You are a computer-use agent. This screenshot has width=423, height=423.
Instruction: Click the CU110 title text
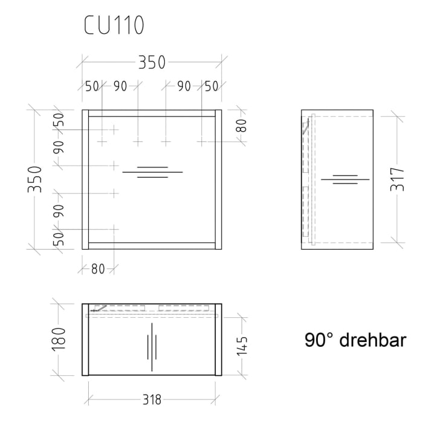point(114,25)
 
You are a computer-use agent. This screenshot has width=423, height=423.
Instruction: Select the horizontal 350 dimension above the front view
point(152,62)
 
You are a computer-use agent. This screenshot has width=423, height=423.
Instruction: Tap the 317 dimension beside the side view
point(397,179)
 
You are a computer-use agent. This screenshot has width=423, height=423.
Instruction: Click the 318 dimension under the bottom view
point(152,399)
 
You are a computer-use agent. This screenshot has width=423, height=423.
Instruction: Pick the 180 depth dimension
point(59,339)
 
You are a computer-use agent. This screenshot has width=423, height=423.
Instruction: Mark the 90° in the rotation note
point(320,341)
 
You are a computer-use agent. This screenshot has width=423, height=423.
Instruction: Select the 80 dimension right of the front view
point(241,126)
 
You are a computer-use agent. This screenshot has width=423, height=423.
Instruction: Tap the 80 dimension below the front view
point(98,270)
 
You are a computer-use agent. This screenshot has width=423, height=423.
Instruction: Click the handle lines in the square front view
point(152,172)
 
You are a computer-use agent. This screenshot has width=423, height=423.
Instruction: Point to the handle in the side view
point(345,179)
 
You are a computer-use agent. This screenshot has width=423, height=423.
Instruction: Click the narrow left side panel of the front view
point(85,179)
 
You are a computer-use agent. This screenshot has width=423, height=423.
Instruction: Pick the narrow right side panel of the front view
point(218,179)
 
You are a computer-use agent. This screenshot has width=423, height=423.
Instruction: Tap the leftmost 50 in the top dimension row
point(92,86)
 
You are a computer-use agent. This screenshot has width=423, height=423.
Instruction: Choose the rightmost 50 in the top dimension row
point(211,86)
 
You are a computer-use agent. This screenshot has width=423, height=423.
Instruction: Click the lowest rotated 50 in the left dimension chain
point(59,239)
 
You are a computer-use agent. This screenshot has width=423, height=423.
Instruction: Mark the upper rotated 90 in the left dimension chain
point(59,147)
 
